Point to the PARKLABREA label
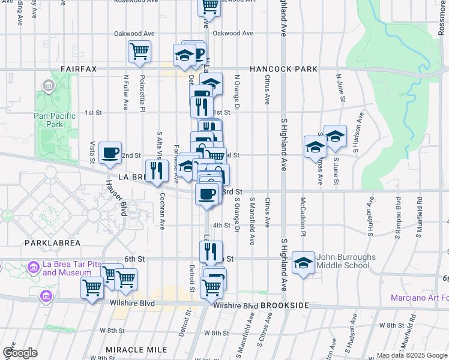47,243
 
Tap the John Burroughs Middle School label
343,261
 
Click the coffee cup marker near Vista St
110,152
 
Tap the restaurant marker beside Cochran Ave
155,171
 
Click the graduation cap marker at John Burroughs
304,262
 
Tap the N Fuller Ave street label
127,92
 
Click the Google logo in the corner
20,353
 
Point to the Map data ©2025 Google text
411,355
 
